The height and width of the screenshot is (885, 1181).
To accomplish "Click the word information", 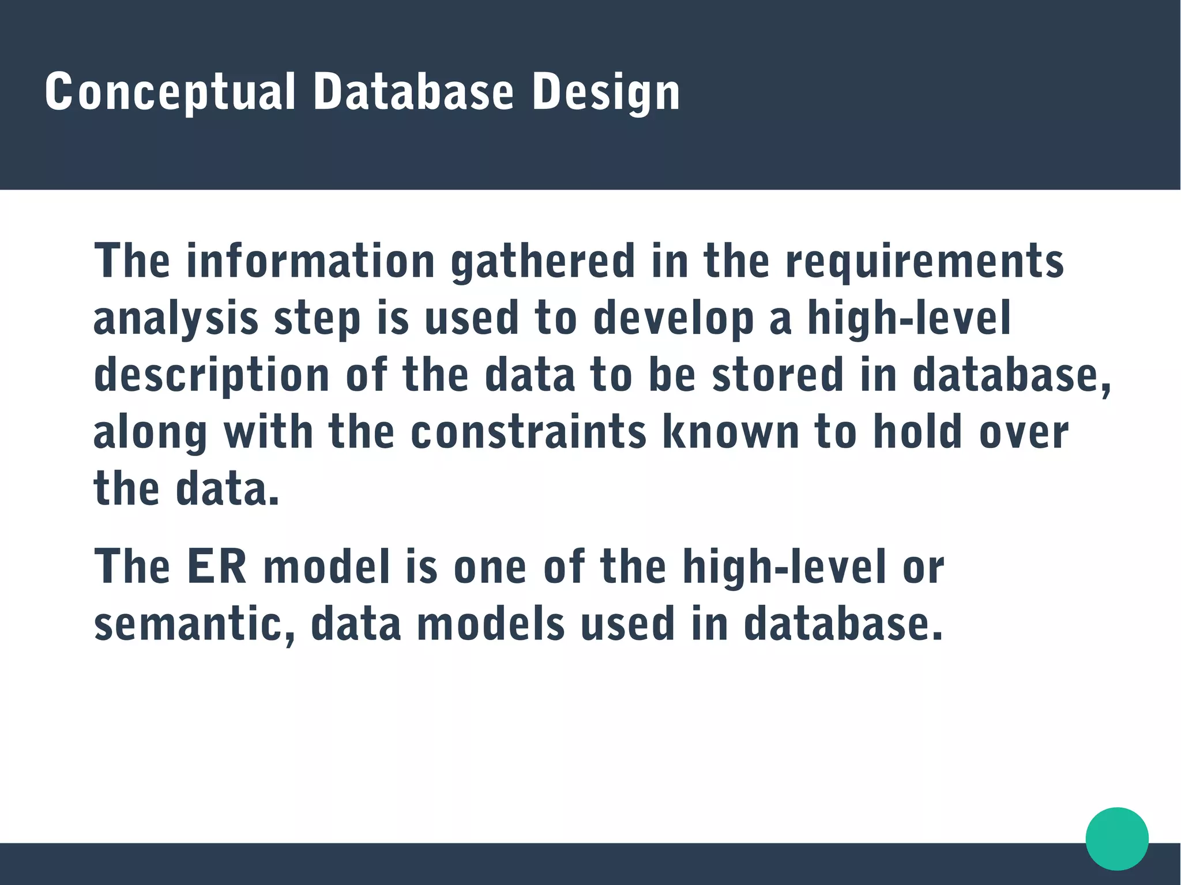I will click(310, 261).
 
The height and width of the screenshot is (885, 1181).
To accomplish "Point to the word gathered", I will click(543, 261).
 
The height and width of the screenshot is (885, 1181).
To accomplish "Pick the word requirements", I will click(924, 261).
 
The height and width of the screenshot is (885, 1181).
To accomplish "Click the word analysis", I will click(175, 318).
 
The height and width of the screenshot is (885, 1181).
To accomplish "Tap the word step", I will click(317, 318).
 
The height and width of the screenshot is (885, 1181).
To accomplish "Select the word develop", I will click(673, 318).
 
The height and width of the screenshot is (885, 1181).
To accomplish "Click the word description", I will click(211, 375).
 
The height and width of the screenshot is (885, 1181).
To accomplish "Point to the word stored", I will click(778, 375).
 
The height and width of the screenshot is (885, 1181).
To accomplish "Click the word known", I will click(731, 432).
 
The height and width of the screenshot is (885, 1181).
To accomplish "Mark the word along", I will click(150, 432).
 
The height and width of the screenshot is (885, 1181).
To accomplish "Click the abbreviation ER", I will click(217, 567).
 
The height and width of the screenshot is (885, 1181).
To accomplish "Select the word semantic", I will click(194, 624).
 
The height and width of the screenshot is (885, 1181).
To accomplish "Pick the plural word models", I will click(491, 624).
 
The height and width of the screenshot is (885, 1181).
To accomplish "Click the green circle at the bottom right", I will click(1116, 838).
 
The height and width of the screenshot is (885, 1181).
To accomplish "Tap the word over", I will click(1024, 432).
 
